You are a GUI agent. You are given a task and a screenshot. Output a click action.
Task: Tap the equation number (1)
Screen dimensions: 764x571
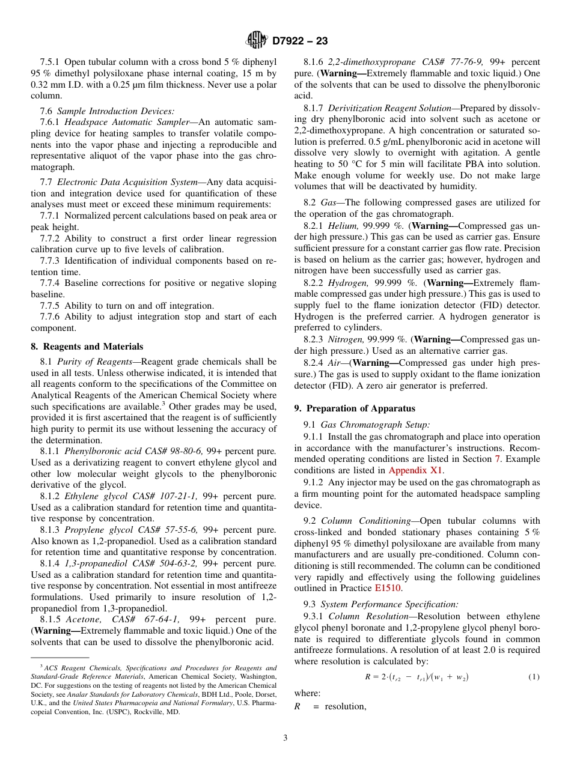(534, 677)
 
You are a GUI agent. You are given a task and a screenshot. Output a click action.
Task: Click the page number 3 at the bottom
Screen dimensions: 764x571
(285, 738)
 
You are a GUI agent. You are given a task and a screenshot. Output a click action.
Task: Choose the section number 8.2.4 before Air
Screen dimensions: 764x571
(314, 363)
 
